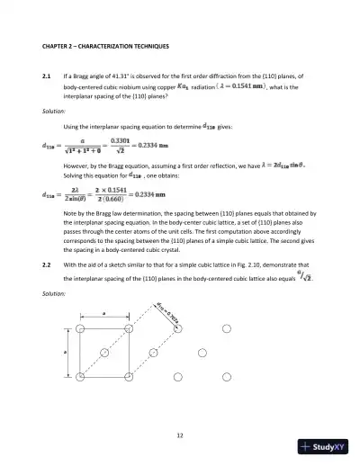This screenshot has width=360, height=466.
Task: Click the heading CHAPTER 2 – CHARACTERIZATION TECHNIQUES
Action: [x=110, y=44]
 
